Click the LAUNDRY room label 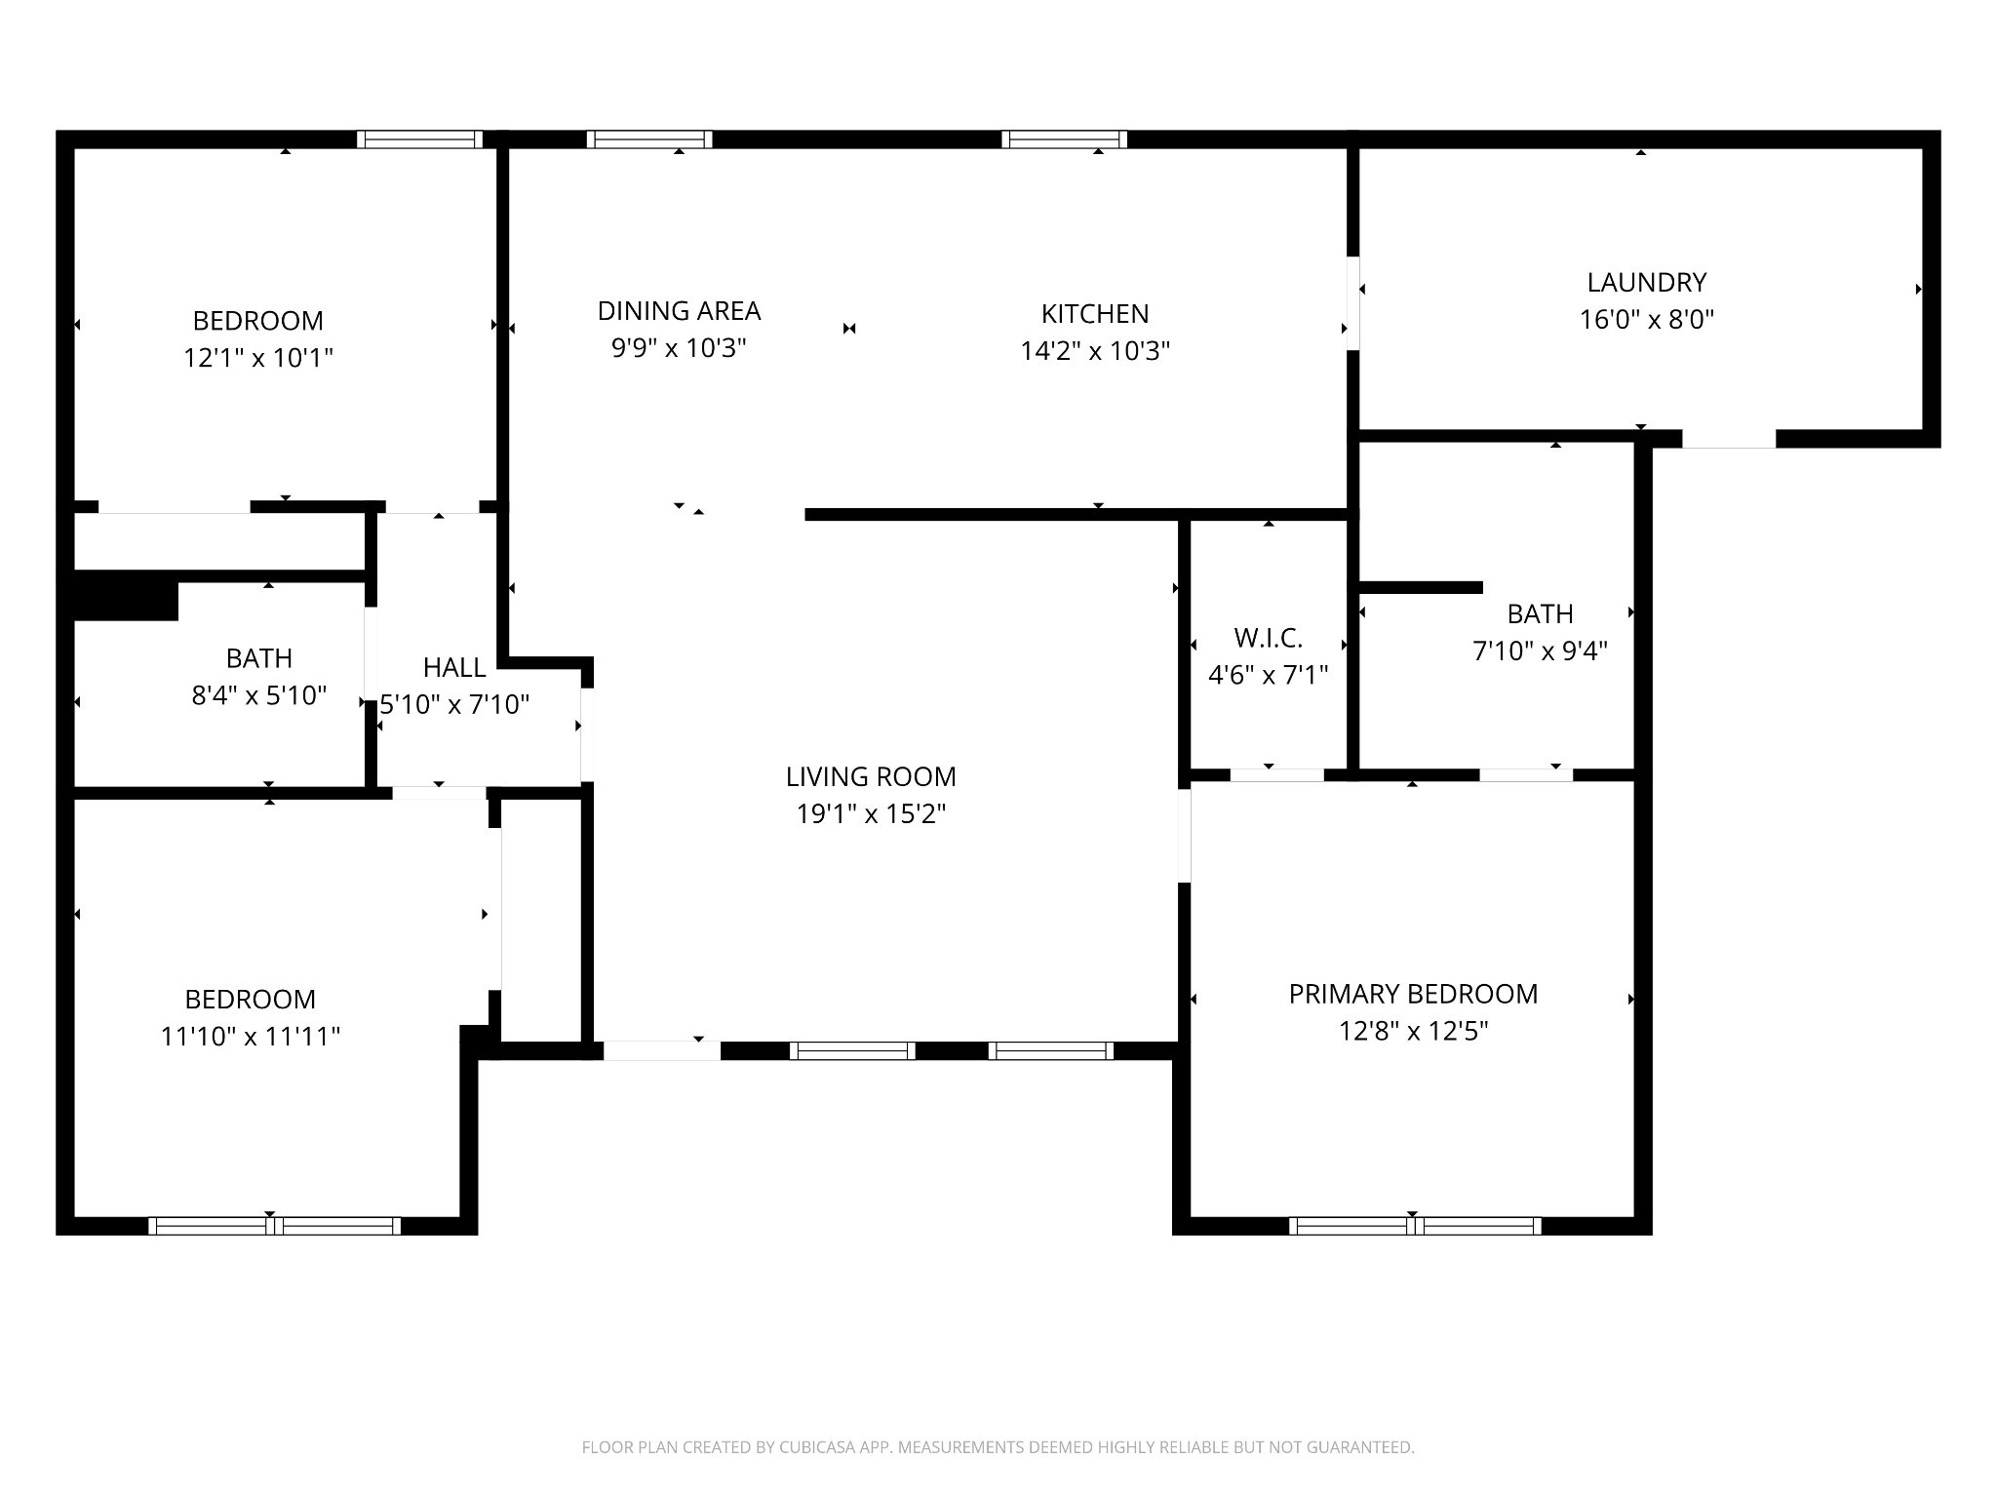[x=1646, y=283]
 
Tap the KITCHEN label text [x=1095, y=314]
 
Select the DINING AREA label [x=679, y=311]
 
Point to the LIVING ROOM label [x=871, y=777]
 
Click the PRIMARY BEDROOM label [x=1413, y=994]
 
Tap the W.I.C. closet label [x=1268, y=638]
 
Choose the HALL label [x=454, y=668]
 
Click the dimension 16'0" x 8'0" [x=1646, y=320]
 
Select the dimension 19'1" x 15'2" [x=871, y=813]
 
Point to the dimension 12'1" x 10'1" [x=258, y=358]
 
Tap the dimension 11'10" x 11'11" [x=251, y=1036]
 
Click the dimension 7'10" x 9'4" [x=1540, y=650]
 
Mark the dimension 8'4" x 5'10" [x=258, y=695]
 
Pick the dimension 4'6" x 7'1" [x=1268, y=675]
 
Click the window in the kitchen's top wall [x=1064, y=139]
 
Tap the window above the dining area [x=649, y=139]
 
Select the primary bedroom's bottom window [x=1415, y=1226]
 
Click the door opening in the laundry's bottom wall [x=1729, y=439]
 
